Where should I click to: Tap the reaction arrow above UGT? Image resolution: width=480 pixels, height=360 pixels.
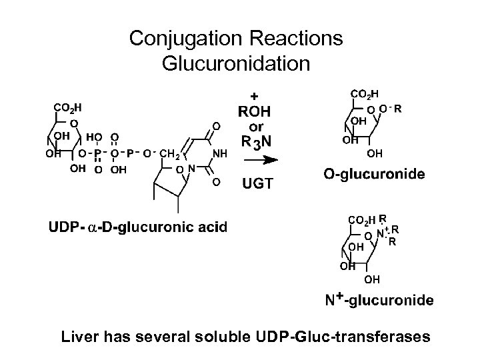point(257,160)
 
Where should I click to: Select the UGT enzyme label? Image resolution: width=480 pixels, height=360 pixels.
point(257,183)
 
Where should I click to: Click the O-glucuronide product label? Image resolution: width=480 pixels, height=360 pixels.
point(374,175)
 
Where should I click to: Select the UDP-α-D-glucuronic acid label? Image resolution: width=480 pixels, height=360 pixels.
point(137,227)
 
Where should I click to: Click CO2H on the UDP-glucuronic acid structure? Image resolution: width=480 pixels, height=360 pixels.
point(68,107)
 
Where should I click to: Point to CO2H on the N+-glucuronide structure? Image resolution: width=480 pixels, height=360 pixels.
point(362,219)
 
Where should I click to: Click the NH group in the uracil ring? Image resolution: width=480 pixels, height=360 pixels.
point(219,154)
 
